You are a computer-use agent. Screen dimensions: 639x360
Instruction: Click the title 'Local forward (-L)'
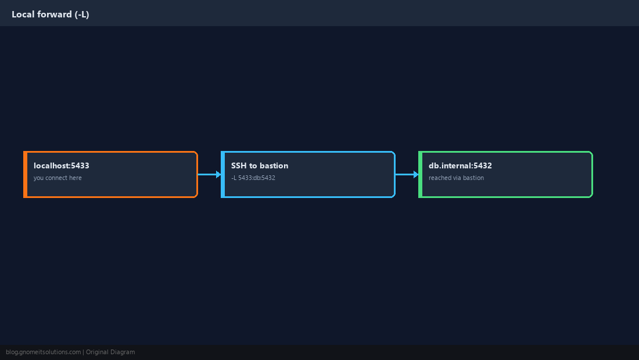click(x=50, y=15)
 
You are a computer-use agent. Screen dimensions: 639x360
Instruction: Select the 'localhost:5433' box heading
click(x=61, y=165)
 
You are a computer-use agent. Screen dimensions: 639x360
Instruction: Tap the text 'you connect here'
click(x=58, y=178)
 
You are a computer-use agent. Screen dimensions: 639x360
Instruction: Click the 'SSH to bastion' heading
click(x=260, y=165)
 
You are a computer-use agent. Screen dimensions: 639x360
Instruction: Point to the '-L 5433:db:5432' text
click(x=253, y=178)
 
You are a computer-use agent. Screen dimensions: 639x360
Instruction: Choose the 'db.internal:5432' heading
click(x=460, y=165)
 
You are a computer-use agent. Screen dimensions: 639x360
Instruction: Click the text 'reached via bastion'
click(x=456, y=178)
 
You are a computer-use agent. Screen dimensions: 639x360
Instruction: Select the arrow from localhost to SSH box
click(x=210, y=174)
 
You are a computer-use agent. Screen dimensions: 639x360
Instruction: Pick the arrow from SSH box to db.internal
click(x=407, y=174)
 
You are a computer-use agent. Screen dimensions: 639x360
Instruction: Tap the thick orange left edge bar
click(x=25, y=174)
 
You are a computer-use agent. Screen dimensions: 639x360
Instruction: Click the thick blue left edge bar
click(x=223, y=174)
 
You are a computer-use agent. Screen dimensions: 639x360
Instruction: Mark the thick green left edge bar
click(x=421, y=174)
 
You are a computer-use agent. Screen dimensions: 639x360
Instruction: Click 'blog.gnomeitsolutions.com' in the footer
click(x=43, y=352)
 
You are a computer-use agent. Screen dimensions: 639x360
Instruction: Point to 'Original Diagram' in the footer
click(x=110, y=352)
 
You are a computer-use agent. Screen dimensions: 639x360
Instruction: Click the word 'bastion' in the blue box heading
click(x=274, y=165)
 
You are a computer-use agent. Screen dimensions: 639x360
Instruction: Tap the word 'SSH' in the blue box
click(x=239, y=165)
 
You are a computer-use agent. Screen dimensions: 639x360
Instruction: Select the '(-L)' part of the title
click(x=82, y=15)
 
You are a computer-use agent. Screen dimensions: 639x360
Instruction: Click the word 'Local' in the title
click(x=23, y=15)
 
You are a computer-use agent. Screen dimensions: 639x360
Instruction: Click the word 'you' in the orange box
click(x=39, y=178)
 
